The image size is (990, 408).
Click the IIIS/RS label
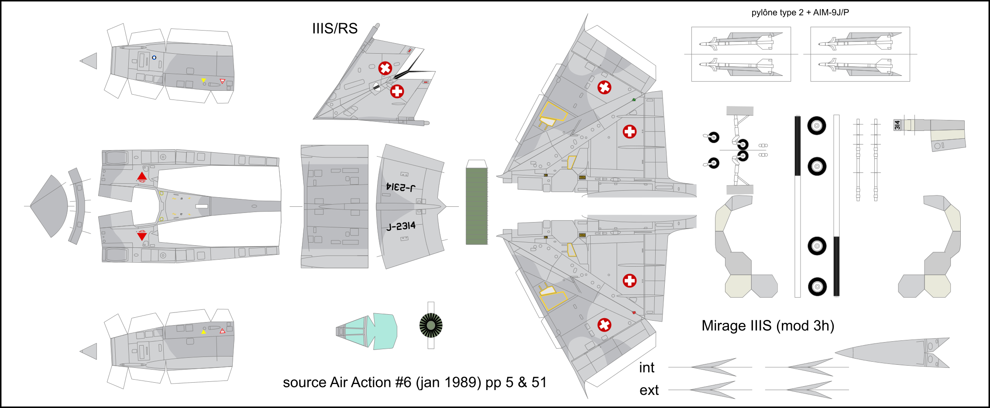(x=335, y=28)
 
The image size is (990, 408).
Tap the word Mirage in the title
(x=723, y=326)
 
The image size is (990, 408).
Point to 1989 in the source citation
(x=463, y=382)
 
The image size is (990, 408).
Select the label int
(x=646, y=368)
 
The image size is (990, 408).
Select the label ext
(x=649, y=390)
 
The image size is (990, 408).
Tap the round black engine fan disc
(x=431, y=326)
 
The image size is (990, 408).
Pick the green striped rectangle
(x=477, y=206)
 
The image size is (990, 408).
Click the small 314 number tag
(x=897, y=125)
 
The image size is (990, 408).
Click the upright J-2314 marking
(x=401, y=226)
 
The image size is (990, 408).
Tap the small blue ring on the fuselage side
(x=154, y=58)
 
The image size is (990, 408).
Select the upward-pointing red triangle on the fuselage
(x=142, y=177)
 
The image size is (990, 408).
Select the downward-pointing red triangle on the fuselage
(x=142, y=236)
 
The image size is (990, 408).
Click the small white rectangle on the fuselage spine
(x=202, y=206)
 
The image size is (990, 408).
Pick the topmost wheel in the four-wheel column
(x=817, y=126)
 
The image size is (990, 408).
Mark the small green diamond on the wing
(x=634, y=100)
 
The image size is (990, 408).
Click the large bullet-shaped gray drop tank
(x=892, y=353)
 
